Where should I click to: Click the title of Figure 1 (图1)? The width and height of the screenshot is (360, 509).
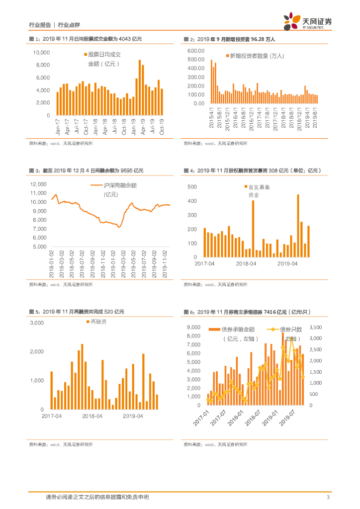(86, 39)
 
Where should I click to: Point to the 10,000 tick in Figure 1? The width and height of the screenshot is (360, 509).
(41, 52)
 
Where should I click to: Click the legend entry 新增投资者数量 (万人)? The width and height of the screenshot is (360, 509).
(256, 56)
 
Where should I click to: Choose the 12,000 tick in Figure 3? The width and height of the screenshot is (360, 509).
(38, 184)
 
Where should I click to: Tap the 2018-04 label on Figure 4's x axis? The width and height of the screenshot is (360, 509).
(246, 264)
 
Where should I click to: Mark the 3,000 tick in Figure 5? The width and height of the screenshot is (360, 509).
(37, 323)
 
